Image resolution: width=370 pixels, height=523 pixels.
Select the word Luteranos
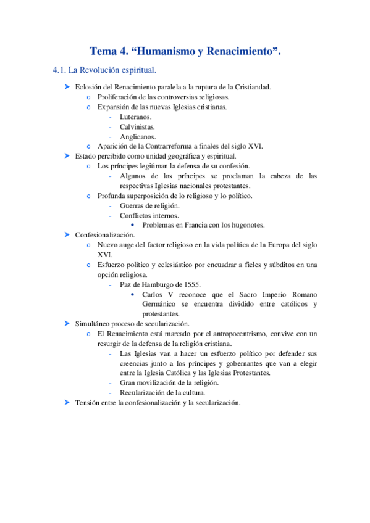point(135,117)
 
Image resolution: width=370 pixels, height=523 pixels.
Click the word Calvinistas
point(137,126)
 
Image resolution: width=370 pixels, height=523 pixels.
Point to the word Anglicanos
point(138,136)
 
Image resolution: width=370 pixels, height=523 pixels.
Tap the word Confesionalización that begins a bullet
point(104,235)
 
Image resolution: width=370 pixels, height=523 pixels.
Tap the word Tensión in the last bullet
point(89,402)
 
